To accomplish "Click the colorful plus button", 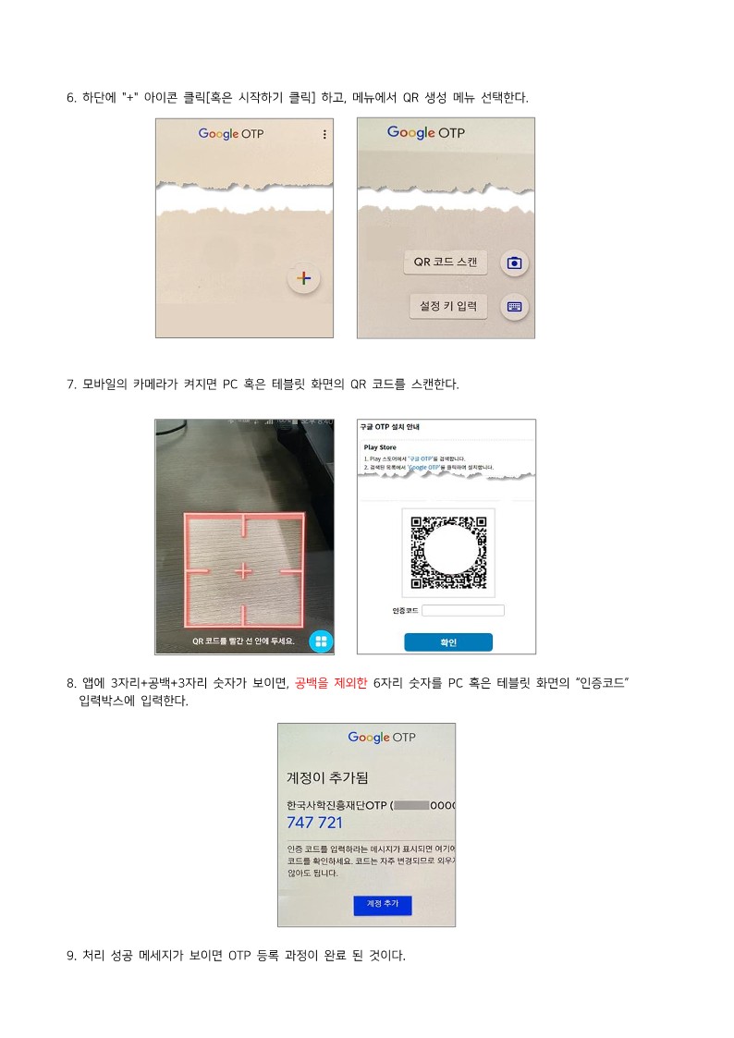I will [304, 278].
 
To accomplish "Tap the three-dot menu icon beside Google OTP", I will [324, 135].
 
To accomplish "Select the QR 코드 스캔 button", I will [446, 263].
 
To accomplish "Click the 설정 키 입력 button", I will [447, 306].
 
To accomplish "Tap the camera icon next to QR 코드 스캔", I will [514, 263].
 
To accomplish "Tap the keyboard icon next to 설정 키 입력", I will [514, 307].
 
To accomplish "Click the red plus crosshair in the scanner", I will [243, 572].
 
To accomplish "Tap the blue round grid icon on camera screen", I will [321, 641].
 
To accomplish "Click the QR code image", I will [448, 553].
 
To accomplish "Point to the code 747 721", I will [314, 823].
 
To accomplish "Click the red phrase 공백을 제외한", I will [331, 684].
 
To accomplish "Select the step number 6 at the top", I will [70, 98].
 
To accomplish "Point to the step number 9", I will [70, 955].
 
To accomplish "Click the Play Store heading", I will [380, 447].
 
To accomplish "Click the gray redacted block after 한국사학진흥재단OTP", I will [412, 805].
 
